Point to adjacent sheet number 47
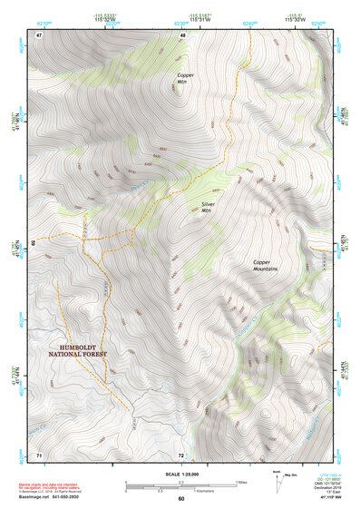click(x=40, y=34)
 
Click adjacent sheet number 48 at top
click(x=182, y=34)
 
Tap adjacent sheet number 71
click(x=40, y=454)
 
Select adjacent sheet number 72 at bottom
click(x=181, y=454)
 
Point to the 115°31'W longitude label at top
click(x=180, y=20)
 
